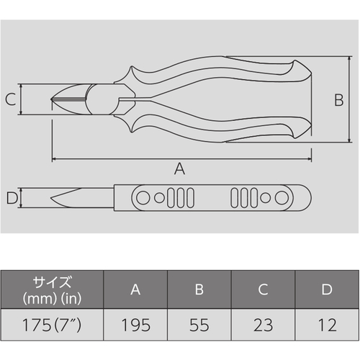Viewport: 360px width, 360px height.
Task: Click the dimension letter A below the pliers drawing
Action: pyautogui.click(x=179, y=168)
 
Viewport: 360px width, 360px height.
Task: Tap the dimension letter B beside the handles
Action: pyautogui.click(x=339, y=100)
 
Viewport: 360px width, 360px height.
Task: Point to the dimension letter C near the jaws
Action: pyautogui.click(x=11, y=99)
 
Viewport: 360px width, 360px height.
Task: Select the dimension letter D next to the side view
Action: pyautogui.click(x=12, y=198)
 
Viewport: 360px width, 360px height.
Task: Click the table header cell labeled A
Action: pyautogui.click(x=135, y=289)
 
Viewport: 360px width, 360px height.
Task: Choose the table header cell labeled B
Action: pyautogui.click(x=199, y=289)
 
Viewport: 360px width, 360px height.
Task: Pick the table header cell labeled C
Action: pyautogui.click(x=263, y=289)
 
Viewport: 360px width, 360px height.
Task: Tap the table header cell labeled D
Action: pyautogui.click(x=327, y=289)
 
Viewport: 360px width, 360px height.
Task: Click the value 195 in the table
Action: pyautogui.click(x=136, y=325)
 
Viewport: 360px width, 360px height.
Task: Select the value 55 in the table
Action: pyautogui.click(x=199, y=325)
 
